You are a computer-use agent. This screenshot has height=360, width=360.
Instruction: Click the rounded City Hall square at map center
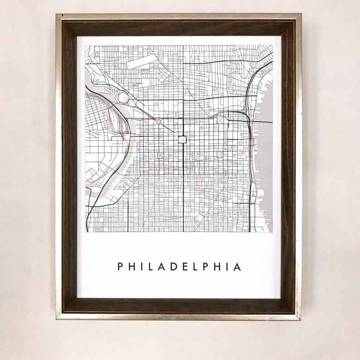point(182,139)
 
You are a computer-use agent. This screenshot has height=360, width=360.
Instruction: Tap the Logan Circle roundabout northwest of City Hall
point(158,122)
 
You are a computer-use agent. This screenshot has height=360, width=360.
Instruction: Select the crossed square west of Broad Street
point(160,155)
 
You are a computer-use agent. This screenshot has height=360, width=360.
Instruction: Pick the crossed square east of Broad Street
point(220,155)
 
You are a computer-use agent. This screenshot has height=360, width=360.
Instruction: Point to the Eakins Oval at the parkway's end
point(123,97)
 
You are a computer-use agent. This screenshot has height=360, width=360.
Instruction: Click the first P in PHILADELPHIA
point(120,267)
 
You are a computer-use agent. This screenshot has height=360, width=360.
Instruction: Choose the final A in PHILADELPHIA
point(237,267)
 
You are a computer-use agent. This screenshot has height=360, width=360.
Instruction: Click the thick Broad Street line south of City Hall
point(183,190)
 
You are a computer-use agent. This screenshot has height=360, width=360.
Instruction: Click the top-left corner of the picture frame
point(57,15)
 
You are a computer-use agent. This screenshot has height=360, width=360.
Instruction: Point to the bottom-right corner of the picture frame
point(300,319)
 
